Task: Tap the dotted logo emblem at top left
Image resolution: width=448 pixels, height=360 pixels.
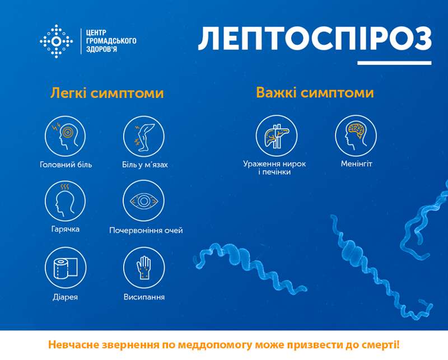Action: (57, 41)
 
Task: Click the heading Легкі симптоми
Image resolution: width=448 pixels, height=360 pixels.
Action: (107, 93)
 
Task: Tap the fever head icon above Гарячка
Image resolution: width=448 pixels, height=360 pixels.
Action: (65, 200)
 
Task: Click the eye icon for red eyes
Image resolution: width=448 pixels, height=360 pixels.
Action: (144, 200)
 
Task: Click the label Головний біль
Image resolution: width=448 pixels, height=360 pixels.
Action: (66, 165)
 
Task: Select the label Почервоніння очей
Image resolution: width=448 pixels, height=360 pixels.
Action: (146, 230)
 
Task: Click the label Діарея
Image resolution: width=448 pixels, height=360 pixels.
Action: (66, 297)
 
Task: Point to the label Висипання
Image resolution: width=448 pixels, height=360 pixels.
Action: (144, 297)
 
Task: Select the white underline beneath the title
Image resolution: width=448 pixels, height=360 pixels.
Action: (394, 63)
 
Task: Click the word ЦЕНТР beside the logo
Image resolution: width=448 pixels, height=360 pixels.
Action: (93, 32)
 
